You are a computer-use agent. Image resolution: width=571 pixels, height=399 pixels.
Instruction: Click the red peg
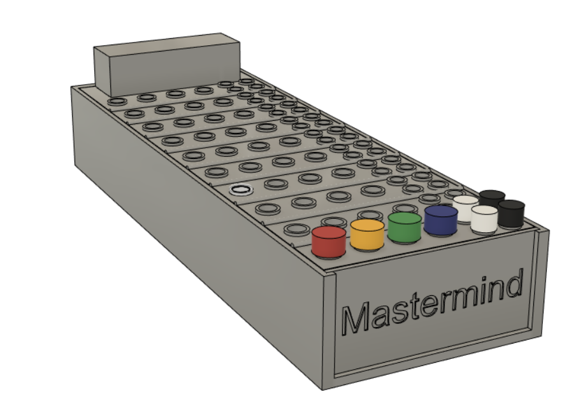coord(329,242)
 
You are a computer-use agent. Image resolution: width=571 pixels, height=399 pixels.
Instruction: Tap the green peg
coord(404,227)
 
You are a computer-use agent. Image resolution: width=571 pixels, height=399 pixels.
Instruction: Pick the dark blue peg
coord(441,220)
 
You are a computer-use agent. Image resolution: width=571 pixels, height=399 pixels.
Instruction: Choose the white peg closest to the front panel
coord(484,219)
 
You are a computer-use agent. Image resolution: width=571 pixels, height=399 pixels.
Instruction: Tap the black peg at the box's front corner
coord(511,213)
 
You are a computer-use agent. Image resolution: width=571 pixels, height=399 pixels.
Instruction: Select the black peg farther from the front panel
coord(492,199)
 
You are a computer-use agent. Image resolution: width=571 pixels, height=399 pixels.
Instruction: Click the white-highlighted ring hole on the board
coord(241,189)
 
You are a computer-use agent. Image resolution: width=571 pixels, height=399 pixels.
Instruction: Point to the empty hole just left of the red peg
coord(295,230)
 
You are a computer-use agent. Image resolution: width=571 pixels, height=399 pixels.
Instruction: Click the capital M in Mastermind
coord(358,319)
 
